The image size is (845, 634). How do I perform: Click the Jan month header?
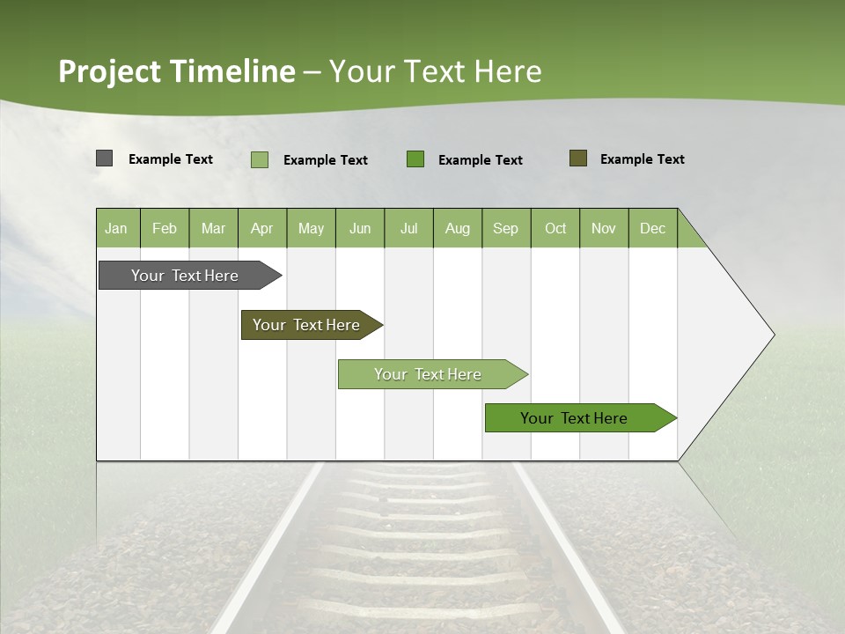(x=117, y=228)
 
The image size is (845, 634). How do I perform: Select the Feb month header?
(x=165, y=228)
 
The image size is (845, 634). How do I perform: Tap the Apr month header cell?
(x=262, y=228)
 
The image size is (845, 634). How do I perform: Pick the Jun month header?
(x=360, y=228)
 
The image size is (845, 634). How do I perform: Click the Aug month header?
(x=458, y=228)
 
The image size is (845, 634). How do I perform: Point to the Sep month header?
(x=506, y=228)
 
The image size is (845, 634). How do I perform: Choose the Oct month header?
(x=555, y=228)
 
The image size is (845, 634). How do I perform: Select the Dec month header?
(x=653, y=228)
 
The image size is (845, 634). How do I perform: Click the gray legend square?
(x=104, y=158)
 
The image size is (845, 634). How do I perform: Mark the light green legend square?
(x=260, y=159)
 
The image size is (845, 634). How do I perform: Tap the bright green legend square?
(x=415, y=159)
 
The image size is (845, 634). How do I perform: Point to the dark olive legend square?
(x=577, y=158)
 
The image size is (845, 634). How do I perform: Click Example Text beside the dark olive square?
(x=642, y=159)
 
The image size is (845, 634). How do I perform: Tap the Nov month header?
(x=604, y=228)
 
